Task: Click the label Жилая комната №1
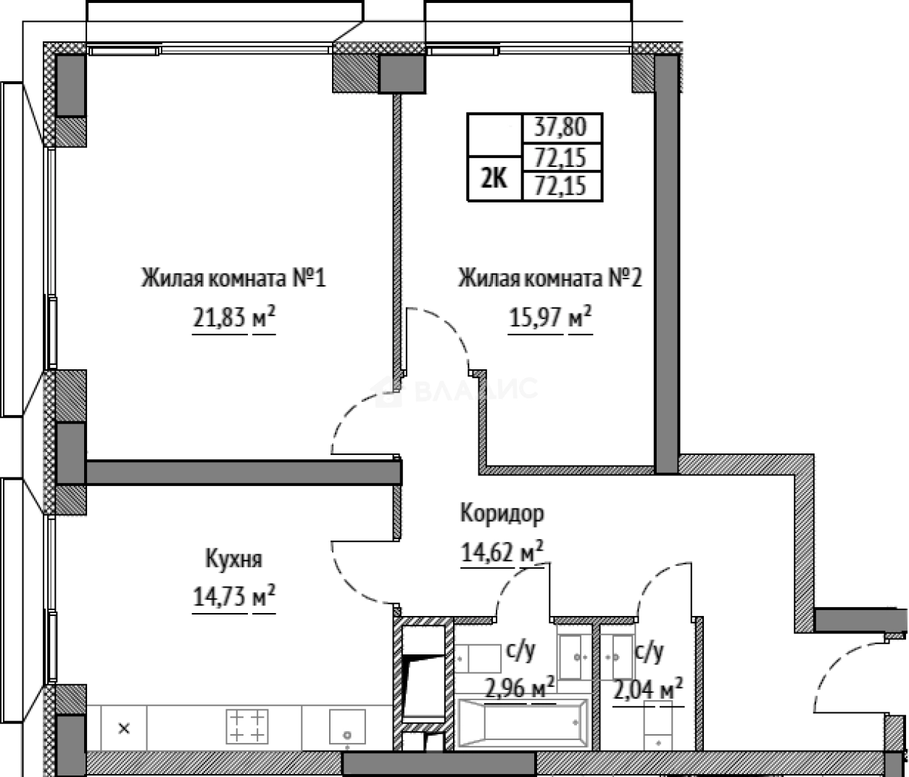tap(233, 279)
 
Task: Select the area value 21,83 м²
tap(233, 318)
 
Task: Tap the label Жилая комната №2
tap(549, 279)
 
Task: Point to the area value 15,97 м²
tap(549, 318)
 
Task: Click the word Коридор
tap(502, 514)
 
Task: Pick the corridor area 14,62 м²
tap(502, 553)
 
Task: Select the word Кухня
tap(233, 559)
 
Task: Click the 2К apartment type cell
tap(494, 178)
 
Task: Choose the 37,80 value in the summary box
tap(563, 128)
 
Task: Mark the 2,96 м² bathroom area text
tap(519, 687)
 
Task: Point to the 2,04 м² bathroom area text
tap(648, 687)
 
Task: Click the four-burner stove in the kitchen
tap(247, 726)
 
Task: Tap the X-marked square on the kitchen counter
tap(124, 728)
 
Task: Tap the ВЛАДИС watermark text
tap(475, 390)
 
